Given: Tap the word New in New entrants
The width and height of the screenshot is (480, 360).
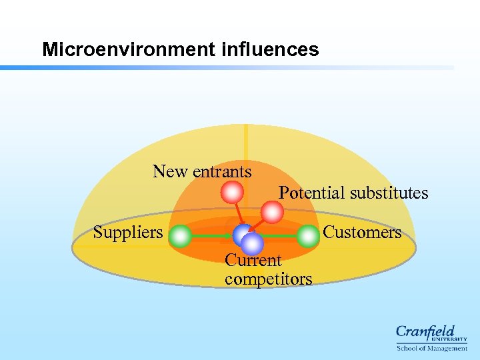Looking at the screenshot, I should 171,171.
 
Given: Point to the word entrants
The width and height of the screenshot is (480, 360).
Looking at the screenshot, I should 222,172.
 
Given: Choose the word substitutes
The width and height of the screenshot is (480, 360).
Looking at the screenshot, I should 389,193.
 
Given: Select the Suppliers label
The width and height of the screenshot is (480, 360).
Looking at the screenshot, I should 128,232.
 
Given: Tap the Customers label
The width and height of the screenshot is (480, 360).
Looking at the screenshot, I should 362,232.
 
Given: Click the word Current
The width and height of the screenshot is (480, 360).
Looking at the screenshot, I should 253,260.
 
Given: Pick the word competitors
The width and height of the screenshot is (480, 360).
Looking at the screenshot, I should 268,279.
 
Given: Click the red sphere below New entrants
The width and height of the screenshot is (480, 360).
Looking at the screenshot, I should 232,193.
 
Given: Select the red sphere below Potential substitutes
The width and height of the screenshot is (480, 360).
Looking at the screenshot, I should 271,213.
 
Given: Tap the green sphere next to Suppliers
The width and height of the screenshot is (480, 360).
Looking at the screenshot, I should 179,235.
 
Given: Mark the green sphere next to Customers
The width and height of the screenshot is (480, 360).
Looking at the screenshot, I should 307,235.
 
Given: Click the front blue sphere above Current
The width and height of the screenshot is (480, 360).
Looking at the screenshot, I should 252,243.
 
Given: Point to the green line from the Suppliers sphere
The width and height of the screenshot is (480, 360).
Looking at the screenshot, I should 210,235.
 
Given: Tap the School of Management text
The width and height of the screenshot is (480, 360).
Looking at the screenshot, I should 431,349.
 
